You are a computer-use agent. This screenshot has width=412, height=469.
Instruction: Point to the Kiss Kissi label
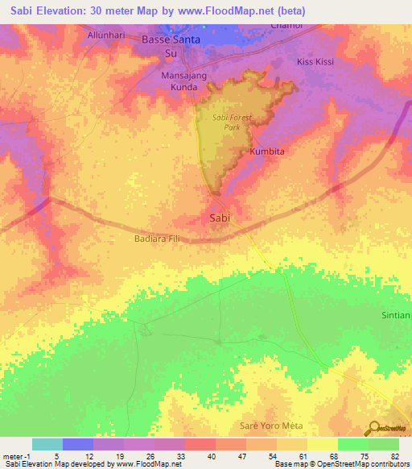pyautogui.click(x=315, y=61)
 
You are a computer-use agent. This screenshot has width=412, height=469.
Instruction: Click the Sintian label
pyautogui.click(x=396, y=315)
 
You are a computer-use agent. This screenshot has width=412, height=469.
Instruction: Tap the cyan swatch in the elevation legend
pyautogui.click(x=47, y=444)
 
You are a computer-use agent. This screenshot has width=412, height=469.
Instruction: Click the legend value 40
pyautogui.click(x=190, y=455)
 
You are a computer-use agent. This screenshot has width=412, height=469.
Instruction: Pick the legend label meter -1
pyautogui.click(x=15, y=455)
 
